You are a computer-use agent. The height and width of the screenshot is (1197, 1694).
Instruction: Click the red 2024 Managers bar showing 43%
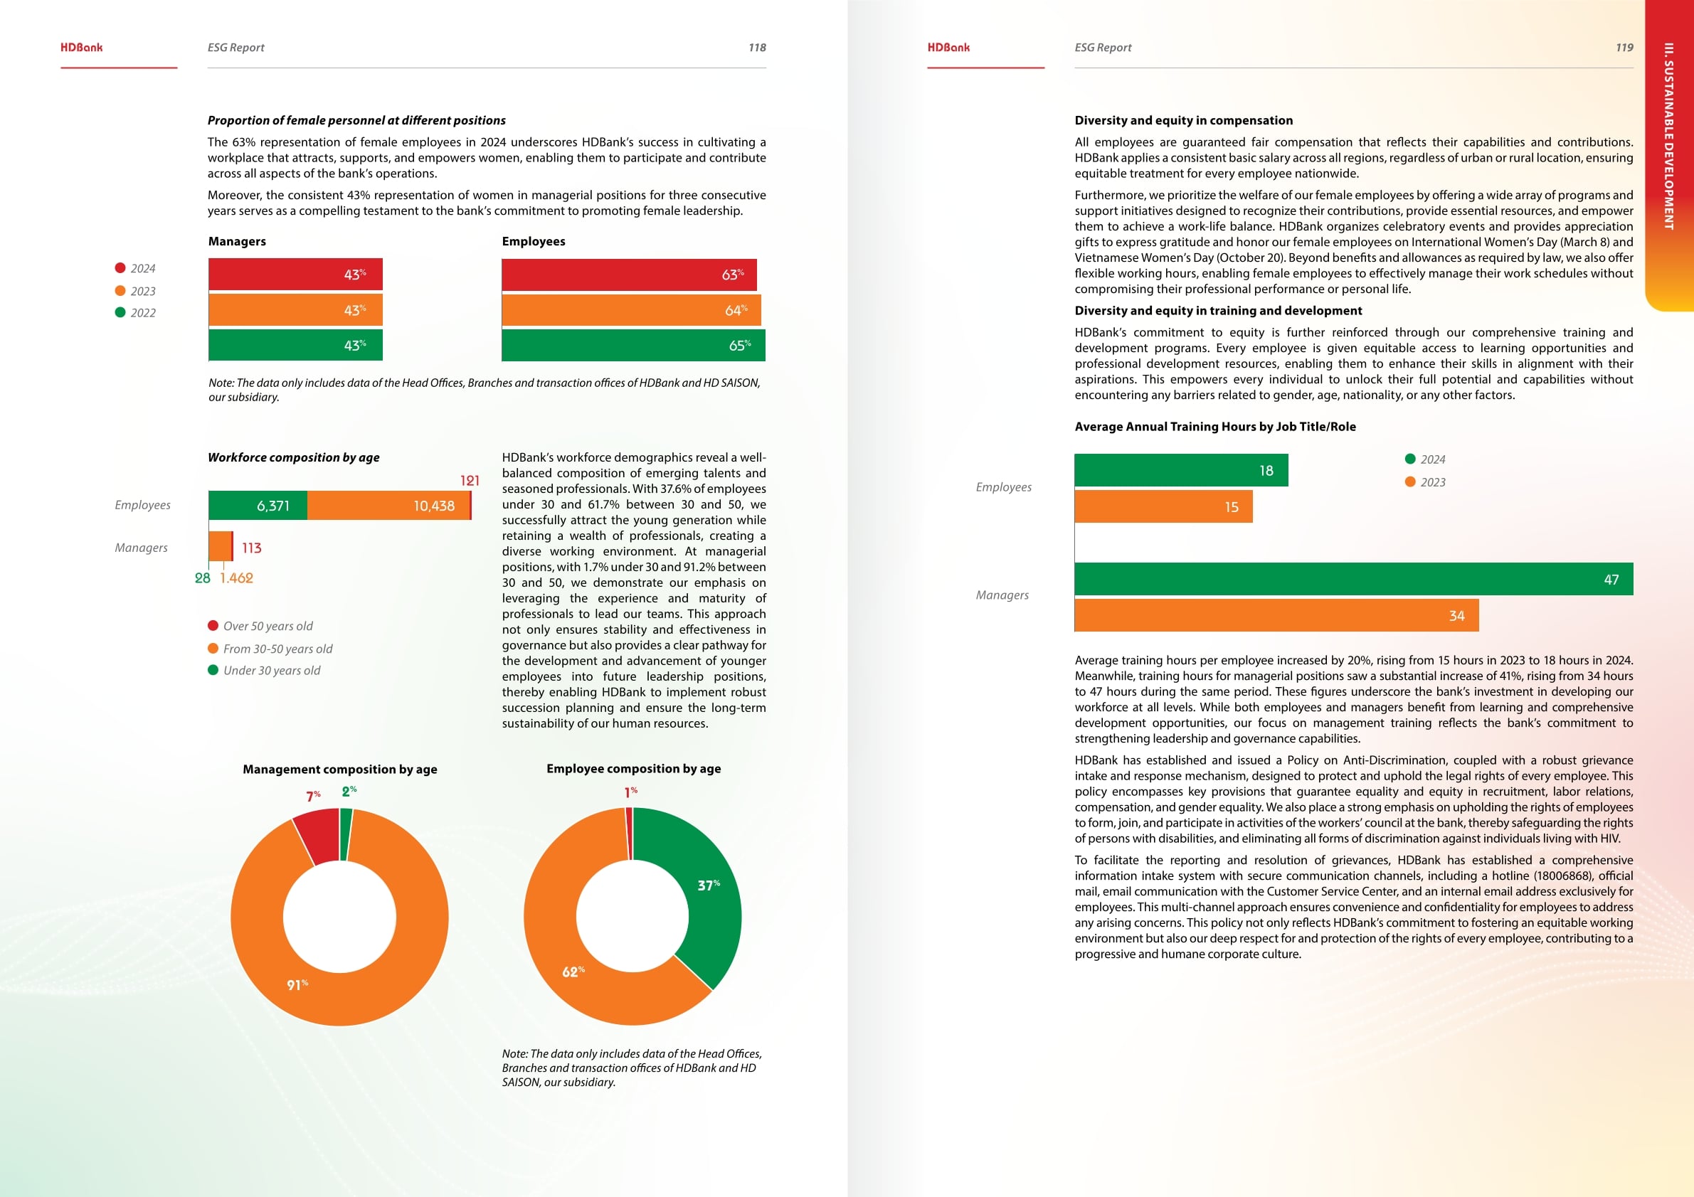[295, 275]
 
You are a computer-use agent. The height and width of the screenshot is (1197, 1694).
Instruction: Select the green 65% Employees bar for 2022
[633, 345]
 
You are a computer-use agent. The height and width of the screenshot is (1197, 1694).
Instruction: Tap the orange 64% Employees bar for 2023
[631, 311]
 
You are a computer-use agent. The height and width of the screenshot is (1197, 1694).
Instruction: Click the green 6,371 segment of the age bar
[258, 506]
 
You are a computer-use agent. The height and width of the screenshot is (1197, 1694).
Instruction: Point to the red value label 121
[470, 481]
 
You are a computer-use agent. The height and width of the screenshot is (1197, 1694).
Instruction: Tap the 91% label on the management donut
[297, 984]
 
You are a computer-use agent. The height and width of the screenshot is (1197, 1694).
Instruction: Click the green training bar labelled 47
[1353, 580]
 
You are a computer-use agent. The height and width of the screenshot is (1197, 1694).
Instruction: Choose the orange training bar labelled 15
[1163, 506]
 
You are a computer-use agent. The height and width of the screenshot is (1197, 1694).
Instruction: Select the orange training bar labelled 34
[1276, 616]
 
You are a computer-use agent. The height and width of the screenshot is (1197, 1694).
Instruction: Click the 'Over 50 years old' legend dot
[213, 626]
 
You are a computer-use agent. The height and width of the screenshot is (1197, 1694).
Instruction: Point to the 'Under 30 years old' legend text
[272, 671]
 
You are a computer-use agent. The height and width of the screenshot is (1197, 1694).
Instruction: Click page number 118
[757, 47]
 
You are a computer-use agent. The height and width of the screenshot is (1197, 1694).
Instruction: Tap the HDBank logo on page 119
[949, 47]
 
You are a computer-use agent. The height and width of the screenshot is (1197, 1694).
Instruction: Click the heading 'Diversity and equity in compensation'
[1183, 120]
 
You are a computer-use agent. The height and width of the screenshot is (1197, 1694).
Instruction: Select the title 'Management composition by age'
[340, 770]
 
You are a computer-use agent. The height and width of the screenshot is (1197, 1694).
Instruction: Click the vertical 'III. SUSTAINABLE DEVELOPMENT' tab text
[1669, 137]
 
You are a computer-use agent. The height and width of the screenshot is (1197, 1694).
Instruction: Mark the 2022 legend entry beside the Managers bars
[136, 313]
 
